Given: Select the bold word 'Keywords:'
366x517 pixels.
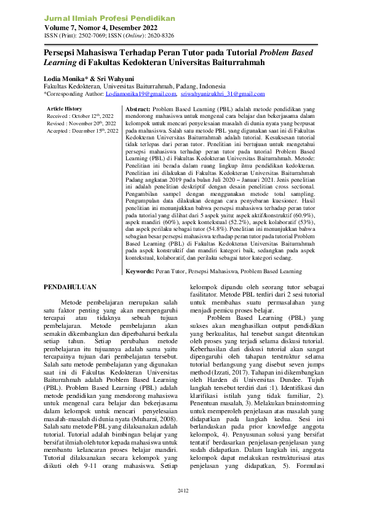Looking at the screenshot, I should pyautogui.click(x=140, y=271).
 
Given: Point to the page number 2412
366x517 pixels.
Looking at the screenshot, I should pyautogui.click(x=183, y=491).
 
